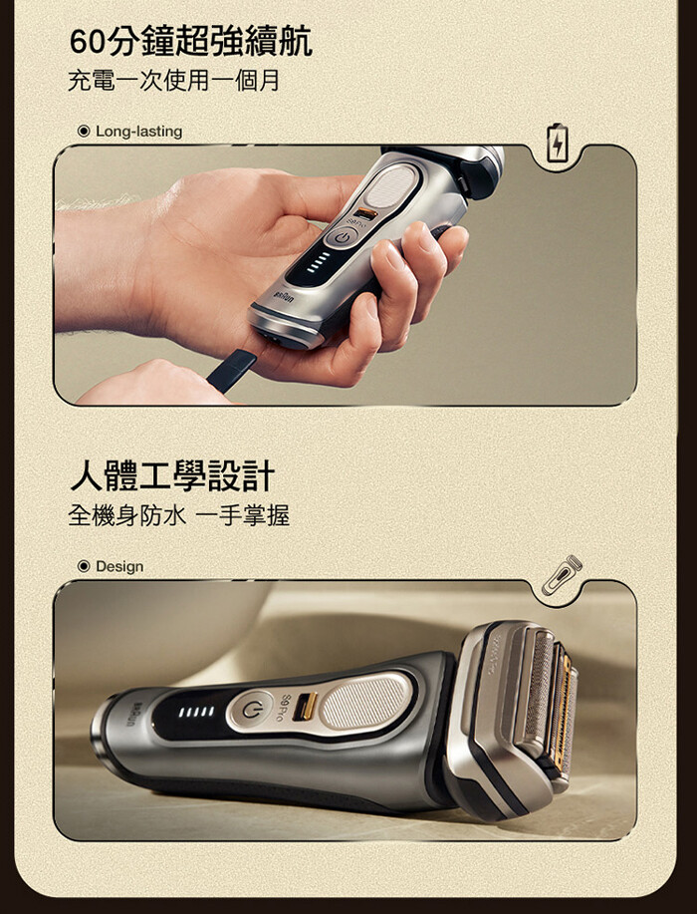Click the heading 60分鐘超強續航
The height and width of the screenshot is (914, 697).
[190, 41]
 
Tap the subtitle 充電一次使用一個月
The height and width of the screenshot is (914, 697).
[173, 80]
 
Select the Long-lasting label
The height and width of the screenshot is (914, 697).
[138, 132]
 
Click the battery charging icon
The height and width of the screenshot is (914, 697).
[557, 143]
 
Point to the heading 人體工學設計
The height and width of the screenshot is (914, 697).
[172, 475]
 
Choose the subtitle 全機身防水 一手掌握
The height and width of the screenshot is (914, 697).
[179, 515]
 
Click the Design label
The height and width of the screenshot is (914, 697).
[119, 566]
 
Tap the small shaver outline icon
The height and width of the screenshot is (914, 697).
[562, 575]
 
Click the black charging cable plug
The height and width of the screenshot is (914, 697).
[231, 370]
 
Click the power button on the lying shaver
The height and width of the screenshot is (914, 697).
[250, 710]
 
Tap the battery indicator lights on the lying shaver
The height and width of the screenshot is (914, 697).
[196, 712]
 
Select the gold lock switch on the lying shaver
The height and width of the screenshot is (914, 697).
[305, 707]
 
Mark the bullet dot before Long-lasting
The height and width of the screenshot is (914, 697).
[84, 132]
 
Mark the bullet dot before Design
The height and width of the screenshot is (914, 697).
[84, 566]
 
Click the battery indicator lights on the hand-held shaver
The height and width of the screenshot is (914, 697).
[319, 262]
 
